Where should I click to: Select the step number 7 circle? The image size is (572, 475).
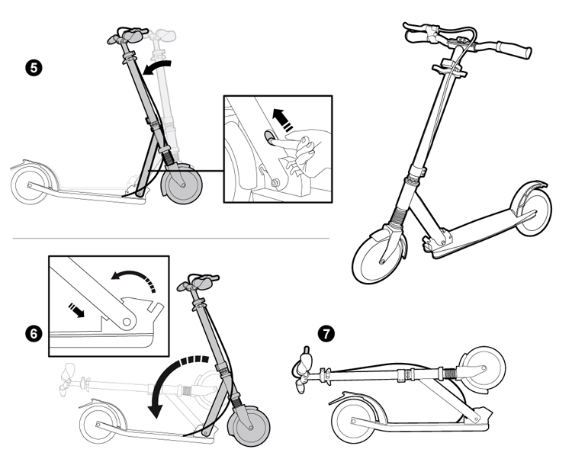[x=326, y=333]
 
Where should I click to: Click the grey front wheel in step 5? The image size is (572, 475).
[x=183, y=185]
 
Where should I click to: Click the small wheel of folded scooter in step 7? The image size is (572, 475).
[x=485, y=366]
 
